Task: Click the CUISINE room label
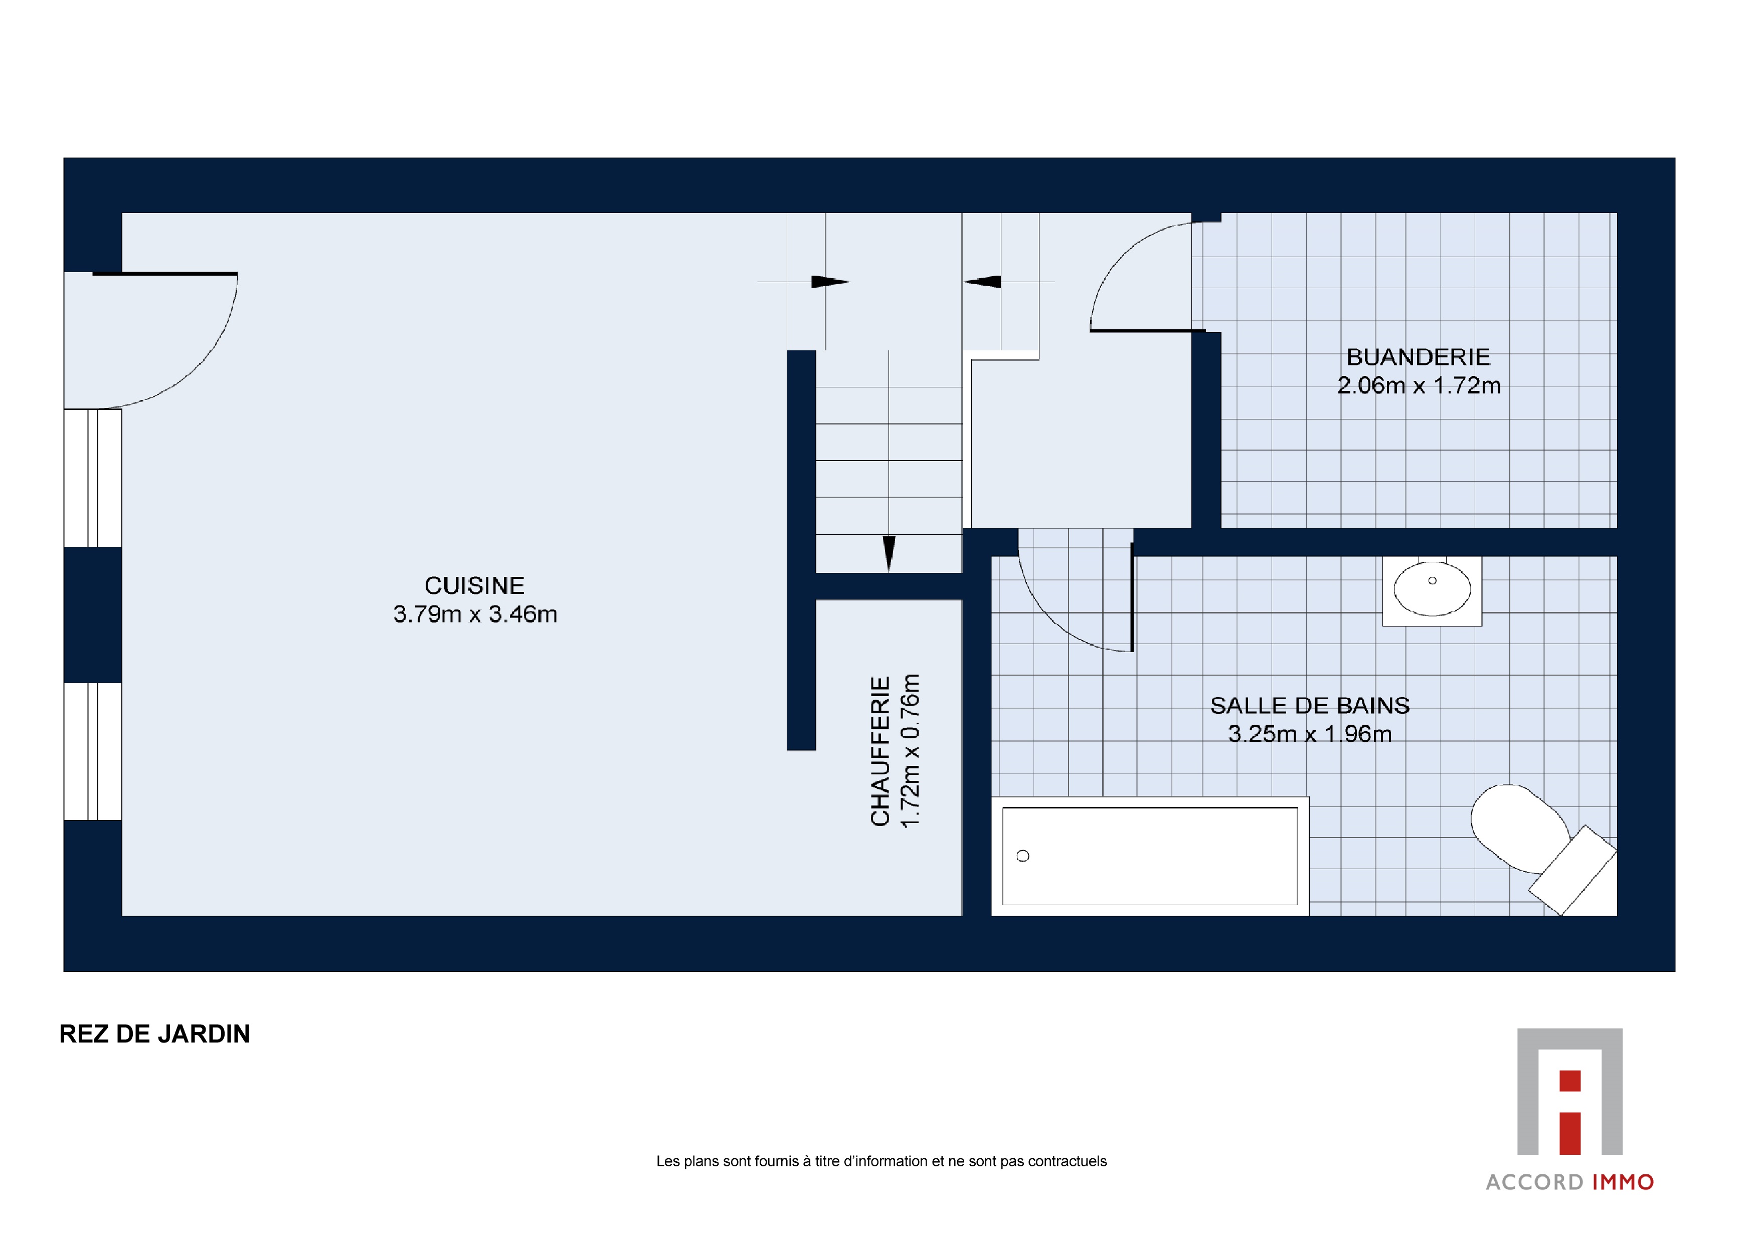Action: tap(474, 586)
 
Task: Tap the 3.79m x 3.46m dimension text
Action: tap(475, 614)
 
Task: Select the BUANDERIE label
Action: tap(1418, 357)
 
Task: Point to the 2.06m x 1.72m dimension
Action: tap(1419, 385)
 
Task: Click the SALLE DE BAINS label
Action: tap(1309, 705)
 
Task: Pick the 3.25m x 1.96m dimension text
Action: tap(1309, 734)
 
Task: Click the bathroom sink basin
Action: tap(1432, 590)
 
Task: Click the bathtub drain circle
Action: tap(1023, 856)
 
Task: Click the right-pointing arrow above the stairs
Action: tap(830, 282)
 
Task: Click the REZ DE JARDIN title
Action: tap(155, 1034)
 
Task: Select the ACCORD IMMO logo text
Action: tap(1570, 1182)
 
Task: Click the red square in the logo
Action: tap(1570, 1081)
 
